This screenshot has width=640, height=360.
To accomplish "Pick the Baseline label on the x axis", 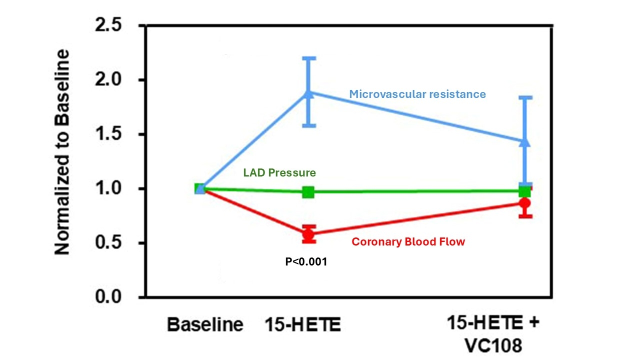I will tap(205, 325).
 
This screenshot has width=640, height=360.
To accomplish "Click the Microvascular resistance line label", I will tap(417, 94).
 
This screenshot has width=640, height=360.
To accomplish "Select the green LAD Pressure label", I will tap(279, 173).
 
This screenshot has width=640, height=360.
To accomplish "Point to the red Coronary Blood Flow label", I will tap(408, 242).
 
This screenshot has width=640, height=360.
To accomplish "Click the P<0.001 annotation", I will tap(306, 261).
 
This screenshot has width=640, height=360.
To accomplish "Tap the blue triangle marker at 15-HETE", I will tap(309, 93).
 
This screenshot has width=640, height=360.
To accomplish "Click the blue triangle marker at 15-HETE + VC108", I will tap(525, 142).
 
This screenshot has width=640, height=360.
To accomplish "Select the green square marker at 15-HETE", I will tap(308, 192).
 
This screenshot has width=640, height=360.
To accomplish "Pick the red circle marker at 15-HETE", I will tap(309, 234).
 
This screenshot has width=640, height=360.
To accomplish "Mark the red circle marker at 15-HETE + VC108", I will tap(524, 203).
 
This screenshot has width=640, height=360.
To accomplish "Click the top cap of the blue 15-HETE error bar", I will tap(309, 58).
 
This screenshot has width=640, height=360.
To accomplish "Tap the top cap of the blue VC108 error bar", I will tap(525, 97).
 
